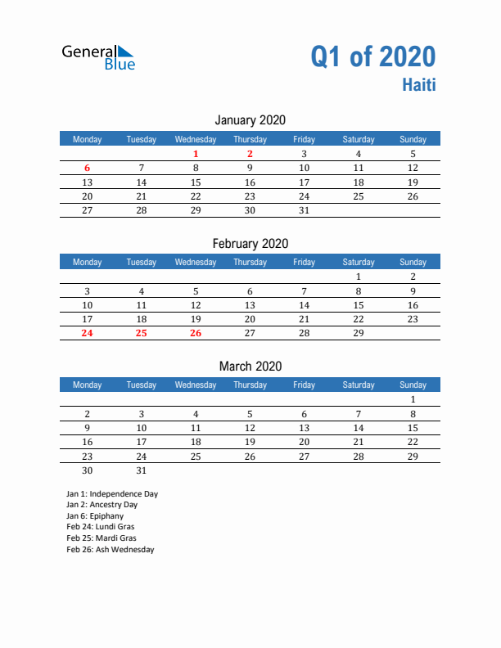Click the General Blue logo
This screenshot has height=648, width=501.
point(98,56)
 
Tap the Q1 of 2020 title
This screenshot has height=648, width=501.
point(372,56)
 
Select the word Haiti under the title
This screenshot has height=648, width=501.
point(418,84)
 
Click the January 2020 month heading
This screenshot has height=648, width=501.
point(250,120)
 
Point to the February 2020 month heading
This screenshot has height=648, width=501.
point(250,243)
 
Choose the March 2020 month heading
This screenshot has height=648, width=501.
point(250,366)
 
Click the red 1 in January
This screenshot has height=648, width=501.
point(196,154)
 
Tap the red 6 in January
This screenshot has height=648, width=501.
point(88,169)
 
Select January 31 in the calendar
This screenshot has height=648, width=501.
point(304,210)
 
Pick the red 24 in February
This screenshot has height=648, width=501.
point(88,333)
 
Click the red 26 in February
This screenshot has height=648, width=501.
point(196,333)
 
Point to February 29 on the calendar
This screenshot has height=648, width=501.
point(358,333)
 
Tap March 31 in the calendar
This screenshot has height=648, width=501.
point(142,470)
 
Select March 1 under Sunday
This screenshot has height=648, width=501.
point(413,399)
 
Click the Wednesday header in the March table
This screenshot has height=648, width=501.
point(196,385)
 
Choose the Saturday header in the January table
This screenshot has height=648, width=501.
point(358,139)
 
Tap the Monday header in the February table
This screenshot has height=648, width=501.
point(88,262)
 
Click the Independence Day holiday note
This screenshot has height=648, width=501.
point(112,494)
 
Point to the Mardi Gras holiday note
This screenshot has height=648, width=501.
point(102,538)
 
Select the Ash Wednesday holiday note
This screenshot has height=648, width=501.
point(111,550)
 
